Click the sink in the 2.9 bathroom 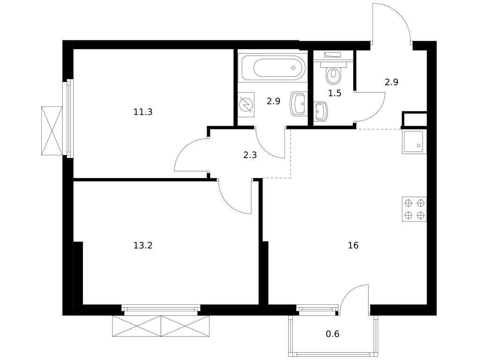tap(299, 104)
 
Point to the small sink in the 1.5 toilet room tap(321, 111)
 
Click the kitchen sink tap(414, 142)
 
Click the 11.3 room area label tap(142, 112)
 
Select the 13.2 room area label tap(142, 245)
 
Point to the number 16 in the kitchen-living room tap(353, 245)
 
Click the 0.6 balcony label tap(333, 334)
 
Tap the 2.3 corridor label tap(250, 156)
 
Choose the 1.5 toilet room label tap(335, 93)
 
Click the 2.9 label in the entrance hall tap(391, 82)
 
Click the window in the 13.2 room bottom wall tap(161, 309)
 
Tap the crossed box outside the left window tap(52, 131)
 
